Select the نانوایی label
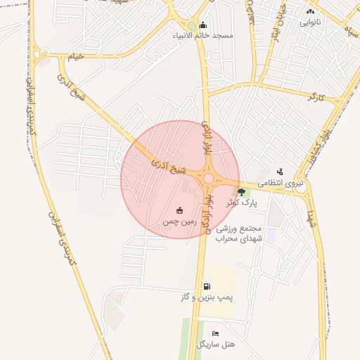(x=311, y=22)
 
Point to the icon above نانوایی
(x=311, y=12)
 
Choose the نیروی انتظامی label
(x=281, y=183)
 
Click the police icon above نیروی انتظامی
(x=280, y=172)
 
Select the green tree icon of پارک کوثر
(x=242, y=192)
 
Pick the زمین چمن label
(x=178, y=221)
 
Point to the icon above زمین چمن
(x=179, y=210)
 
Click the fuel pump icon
(x=206, y=286)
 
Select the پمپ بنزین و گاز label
(x=206, y=297)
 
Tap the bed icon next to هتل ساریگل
(x=216, y=333)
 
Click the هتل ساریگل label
(x=216, y=345)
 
